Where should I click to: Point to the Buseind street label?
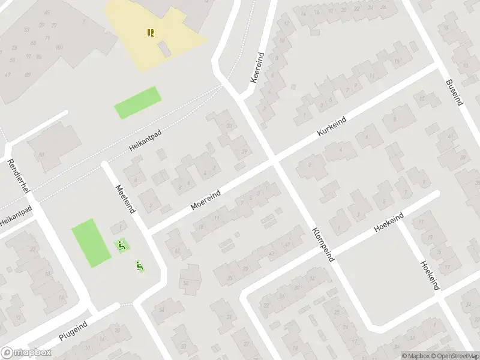tap(454, 92)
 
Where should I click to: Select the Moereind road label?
tap(206, 199)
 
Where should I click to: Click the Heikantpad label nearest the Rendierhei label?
tap(14, 214)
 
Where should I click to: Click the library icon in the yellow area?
tap(150, 32)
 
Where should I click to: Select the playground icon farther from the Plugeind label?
tap(121, 245)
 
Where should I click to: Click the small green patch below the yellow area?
tap(138, 102)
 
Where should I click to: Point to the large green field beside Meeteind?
tap(91, 242)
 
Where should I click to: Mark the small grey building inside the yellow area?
tap(164, 49)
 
